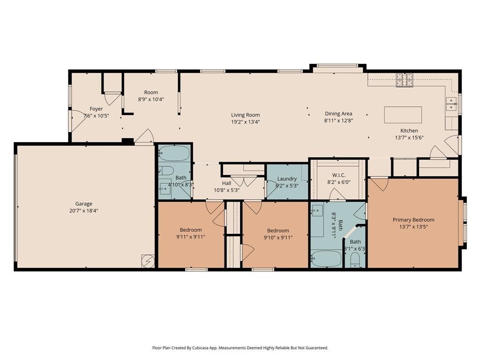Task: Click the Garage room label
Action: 83,203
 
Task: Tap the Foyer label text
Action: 96,109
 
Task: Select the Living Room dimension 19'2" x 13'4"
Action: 246,122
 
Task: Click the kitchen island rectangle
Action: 403,115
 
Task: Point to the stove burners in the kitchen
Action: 405,80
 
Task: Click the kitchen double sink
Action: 451,104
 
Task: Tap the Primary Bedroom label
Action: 413,220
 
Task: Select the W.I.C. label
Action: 338,175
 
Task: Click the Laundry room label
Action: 287,179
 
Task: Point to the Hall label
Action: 226,183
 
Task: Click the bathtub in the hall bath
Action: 174,153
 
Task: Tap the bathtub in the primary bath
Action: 326,259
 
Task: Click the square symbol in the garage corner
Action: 148,261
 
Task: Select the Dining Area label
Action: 338,113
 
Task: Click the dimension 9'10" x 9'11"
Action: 278,238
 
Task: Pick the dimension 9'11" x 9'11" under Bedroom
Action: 190,237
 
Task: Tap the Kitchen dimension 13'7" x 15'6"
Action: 409,138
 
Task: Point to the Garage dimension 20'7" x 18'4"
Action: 83,210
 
